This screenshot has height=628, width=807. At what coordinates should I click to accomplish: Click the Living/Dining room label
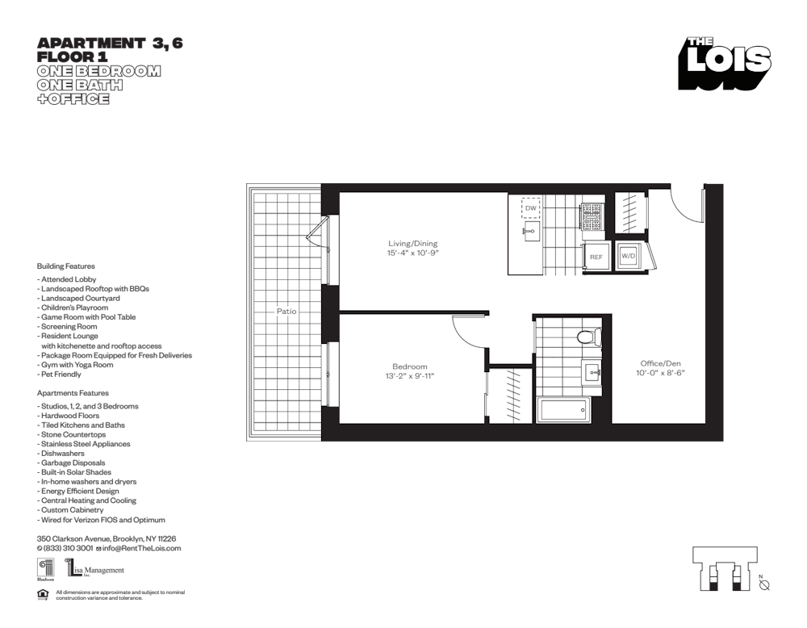pyautogui.click(x=412, y=243)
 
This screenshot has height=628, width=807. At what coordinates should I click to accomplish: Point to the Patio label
pyautogui.click(x=286, y=311)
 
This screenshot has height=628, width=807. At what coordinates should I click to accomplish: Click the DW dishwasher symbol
pyautogui.click(x=530, y=208)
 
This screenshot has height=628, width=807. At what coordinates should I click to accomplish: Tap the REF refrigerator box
pyautogui.click(x=596, y=257)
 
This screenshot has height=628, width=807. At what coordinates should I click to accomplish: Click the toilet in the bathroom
pyautogui.click(x=587, y=336)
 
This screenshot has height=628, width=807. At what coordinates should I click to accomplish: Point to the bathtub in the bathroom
pyautogui.click(x=562, y=410)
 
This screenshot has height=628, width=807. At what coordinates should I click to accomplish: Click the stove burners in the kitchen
pyautogui.click(x=592, y=214)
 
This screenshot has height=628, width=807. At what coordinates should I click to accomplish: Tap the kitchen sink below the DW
pyautogui.click(x=530, y=233)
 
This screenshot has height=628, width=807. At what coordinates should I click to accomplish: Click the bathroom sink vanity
pyautogui.click(x=591, y=372)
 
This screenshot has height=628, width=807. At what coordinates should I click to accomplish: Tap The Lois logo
pyautogui.click(x=724, y=63)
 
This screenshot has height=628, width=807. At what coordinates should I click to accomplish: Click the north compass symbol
pyautogui.click(x=764, y=584)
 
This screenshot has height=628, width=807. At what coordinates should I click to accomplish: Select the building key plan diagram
pyautogui.click(x=724, y=570)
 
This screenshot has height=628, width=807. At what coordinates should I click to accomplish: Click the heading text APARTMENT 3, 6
pyautogui.click(x=110, y=44)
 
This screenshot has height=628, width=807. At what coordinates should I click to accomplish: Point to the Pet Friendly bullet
pyautogui.click(x=61, y=375)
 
